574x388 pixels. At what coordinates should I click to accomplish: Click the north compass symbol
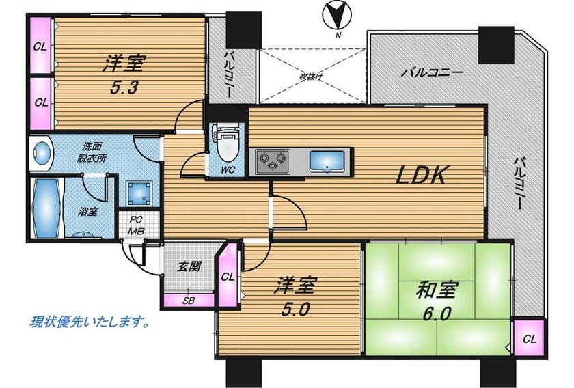[x=337, y=16]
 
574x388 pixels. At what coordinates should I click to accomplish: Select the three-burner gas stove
[x=273, y=161]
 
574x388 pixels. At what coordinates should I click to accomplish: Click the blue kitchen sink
[x=327, y=161]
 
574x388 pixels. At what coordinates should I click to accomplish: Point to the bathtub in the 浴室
[x=46, y=208]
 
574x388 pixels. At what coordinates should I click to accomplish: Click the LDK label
[x=422, y=175]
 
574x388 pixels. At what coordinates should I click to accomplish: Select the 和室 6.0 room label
[x=436, y=302]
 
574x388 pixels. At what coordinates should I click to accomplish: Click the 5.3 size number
[x=124, y=88]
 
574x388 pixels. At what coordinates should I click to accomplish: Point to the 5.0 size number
[x=295, y=310]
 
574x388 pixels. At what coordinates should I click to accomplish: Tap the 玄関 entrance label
[x=189, y=266]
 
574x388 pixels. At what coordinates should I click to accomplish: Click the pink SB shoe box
[x=189, y=301]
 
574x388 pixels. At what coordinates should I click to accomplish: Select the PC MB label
[x=136, y=226]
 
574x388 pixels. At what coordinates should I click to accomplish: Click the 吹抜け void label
[x=311, y=77]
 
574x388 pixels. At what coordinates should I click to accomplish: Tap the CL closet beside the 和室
[x=529, y=338]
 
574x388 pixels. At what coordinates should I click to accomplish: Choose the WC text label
[x=228, y=170]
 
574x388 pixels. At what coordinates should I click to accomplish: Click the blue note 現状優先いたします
[x=89, y=322]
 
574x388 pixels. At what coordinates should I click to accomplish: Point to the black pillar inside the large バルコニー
[x=496, y=45]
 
